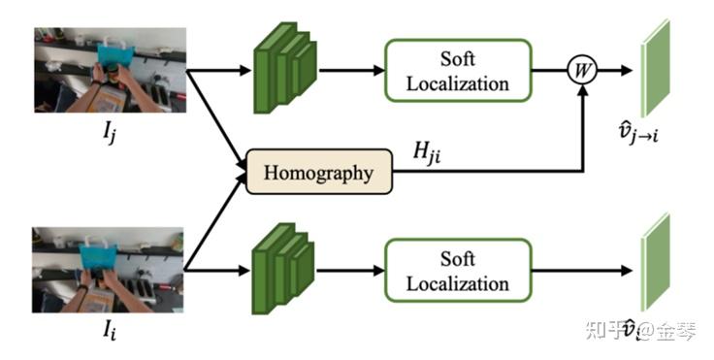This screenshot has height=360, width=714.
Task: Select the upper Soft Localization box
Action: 458,71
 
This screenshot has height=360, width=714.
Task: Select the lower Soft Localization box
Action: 458,272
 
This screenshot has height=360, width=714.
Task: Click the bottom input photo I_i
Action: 108,270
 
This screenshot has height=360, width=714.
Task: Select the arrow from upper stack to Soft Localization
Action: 349,70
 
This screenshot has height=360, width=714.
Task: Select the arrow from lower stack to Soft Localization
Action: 349,272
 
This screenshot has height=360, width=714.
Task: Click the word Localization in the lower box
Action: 458,284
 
